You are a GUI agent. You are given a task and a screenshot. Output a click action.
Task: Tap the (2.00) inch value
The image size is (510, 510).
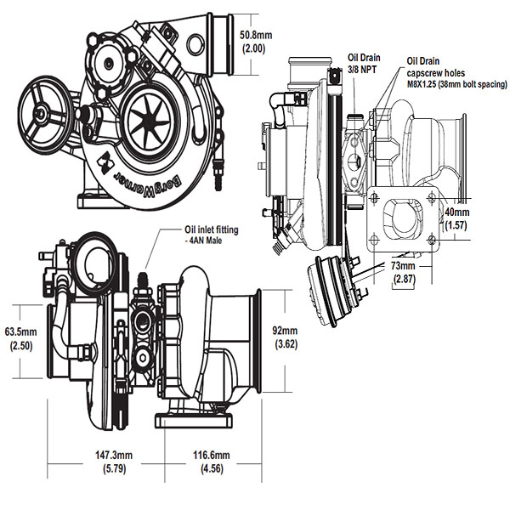pyautogui.click(x=255, y=49)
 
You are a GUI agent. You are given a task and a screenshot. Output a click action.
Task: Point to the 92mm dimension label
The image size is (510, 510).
pyautogui.click(x=285, y=330)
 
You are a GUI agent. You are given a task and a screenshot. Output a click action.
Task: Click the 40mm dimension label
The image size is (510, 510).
pyautogui.click(x=456, y=212)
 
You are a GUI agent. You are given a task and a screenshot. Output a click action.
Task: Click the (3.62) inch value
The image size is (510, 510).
pyautogui.click(x=285, y=344)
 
